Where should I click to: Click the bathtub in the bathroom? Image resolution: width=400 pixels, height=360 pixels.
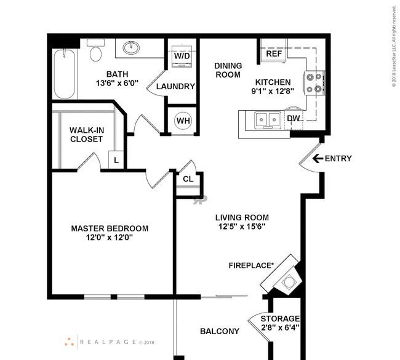coord(64,74)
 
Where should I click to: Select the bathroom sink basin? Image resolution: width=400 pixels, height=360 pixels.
coord(130,47)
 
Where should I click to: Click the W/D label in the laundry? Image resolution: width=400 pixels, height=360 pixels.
coord(182,56)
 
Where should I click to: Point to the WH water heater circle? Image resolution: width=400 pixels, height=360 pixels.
coord(183,120)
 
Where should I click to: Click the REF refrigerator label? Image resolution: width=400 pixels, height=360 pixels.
coord(274,54)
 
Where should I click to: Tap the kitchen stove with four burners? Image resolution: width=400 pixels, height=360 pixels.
coord(314,82)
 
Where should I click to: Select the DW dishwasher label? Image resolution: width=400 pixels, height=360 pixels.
coord(294,118)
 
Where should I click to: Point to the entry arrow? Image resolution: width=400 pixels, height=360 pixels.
coord(317,159)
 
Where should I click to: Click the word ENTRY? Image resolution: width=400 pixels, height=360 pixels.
coord(338,159)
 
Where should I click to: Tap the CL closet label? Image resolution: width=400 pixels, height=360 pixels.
coord(188,179)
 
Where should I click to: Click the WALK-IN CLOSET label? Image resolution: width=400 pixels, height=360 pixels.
coord(86,134)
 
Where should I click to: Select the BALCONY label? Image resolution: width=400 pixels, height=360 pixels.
coord(220,331)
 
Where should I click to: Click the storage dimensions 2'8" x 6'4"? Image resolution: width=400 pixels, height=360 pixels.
coord(280,328)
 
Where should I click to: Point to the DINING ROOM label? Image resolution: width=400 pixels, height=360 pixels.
coord(228,70)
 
